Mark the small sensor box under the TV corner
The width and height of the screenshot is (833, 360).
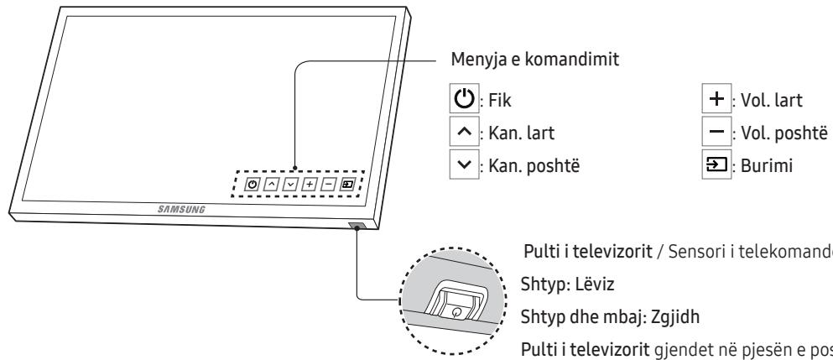pos(356,225)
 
